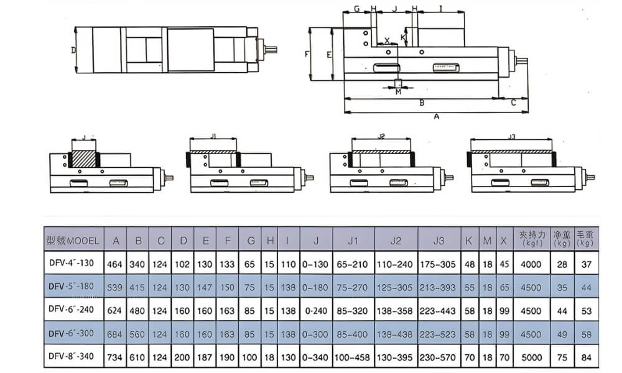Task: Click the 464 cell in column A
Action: [x=116, y=264]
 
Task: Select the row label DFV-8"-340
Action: [x=72, y=358]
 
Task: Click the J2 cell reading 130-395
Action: [x=396, y=358]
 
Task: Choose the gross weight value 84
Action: [x=587, y=358]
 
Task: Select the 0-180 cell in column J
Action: [x=316, y=288]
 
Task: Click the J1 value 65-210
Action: [x=353, y=264]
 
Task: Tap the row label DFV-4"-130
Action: [x=72, y=264]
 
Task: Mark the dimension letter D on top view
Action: [x=73, y=49]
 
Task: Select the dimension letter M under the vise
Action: [x=399, y=92]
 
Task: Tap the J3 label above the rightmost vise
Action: [x=511, y=137]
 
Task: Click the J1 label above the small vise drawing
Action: [x=213, y=135]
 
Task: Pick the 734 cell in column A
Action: [x=116, y=358]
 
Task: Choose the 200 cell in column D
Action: [x=183, y=358]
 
